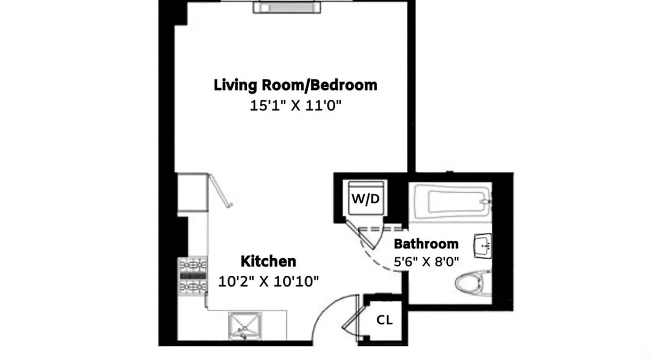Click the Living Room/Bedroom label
295,85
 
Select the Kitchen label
268,261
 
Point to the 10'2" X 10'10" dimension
268,282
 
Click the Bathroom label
426,244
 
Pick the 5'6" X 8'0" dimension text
426,262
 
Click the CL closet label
384,320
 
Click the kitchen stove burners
192,275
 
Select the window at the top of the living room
287,7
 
